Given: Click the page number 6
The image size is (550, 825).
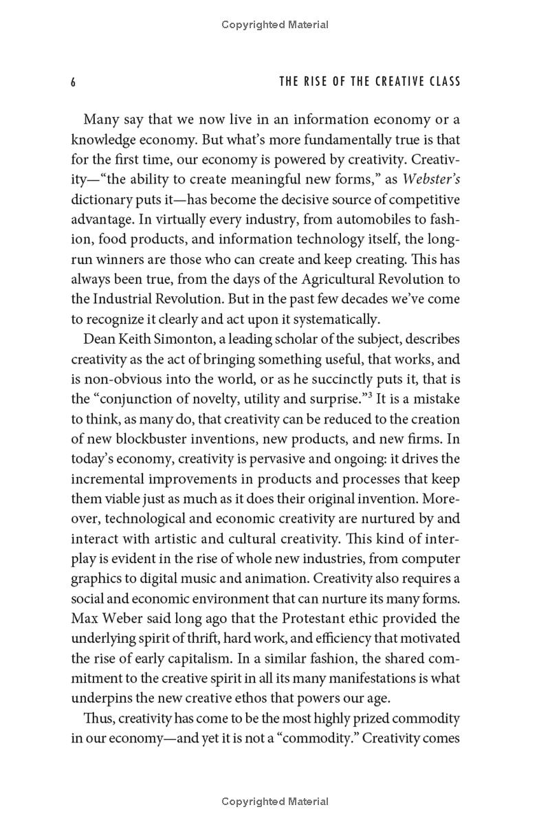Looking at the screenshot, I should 72,82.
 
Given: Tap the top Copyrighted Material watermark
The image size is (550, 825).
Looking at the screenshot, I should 275,25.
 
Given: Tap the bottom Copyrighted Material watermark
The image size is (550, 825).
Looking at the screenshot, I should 275,802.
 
